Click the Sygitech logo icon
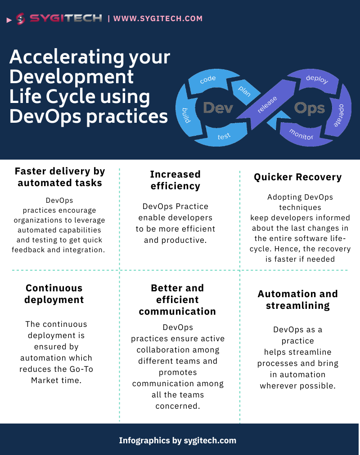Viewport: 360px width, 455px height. [20, 19]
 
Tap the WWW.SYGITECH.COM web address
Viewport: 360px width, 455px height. [158, 18]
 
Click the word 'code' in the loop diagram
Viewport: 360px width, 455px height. [208, 79]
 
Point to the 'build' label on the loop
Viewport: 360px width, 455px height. [185, 116]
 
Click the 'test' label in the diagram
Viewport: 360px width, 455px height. [224, 136]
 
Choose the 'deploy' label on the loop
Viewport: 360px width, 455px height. [317, 80]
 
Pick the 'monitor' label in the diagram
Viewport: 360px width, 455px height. [301, 134]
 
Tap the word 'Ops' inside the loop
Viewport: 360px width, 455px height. [309, 108]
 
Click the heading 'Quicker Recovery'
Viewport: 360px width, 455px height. [297, 177]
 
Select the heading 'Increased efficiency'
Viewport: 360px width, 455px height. [175, 180]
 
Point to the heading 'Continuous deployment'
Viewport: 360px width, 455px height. [54, 294]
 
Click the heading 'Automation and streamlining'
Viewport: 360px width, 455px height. [297, 299]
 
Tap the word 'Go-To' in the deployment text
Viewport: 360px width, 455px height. [80, 369]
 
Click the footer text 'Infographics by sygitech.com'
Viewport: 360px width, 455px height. [177, 440]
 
